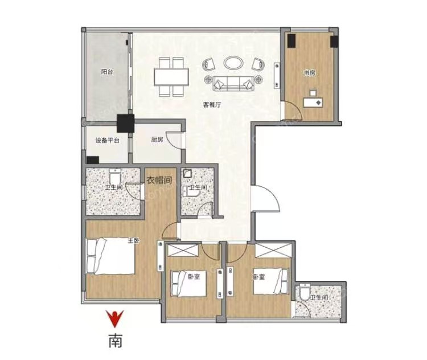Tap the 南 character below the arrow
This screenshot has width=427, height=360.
(116, 341)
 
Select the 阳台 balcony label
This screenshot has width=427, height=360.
(107, 72)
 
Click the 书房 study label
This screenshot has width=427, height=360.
(310, 73)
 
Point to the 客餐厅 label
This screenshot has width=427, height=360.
(212, 105)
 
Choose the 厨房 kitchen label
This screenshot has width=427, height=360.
(157, 140)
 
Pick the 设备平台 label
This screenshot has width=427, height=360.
(107, 141)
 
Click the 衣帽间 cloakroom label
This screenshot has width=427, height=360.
(159, 180)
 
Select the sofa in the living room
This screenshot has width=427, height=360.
(233, 83)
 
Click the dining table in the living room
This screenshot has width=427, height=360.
(171, 77)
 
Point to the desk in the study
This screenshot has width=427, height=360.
(313, 103)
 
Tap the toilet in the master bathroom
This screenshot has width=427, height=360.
(114, 177)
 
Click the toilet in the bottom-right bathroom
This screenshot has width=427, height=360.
(305, 292)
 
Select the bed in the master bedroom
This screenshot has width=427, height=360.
(111, 256)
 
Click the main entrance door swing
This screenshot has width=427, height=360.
(265, 198)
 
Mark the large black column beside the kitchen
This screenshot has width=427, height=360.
(126, 124)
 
